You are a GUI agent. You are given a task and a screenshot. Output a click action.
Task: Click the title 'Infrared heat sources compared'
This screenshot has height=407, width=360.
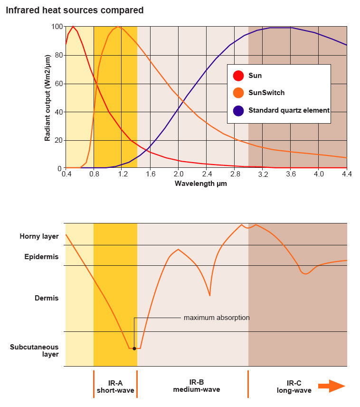click(75, 10)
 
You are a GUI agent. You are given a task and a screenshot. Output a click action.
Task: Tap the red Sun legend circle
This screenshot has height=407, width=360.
click(239, 76)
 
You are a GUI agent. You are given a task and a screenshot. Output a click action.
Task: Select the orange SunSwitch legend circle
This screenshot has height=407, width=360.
click(239, 93)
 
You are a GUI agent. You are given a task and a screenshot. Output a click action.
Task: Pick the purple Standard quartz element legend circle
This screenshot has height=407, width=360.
click(239, 110)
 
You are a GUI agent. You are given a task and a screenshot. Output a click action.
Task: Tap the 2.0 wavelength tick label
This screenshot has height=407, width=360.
click(178, 174)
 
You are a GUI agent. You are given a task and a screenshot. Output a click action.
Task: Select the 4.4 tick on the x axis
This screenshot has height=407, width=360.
click(347, 174)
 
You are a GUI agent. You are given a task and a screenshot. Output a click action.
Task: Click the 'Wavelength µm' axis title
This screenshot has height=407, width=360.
click(201, 184)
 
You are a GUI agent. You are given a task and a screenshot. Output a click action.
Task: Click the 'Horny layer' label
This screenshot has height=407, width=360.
click(39, 236)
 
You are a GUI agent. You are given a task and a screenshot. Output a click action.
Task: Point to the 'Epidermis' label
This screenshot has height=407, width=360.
click(41, 257)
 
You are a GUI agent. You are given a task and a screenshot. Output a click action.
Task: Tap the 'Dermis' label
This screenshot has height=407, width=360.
click(47, 298)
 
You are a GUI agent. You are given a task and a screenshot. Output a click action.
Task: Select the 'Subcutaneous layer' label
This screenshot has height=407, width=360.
click(34, 350)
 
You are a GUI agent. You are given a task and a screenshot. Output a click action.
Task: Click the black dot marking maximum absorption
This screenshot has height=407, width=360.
click(134, 349)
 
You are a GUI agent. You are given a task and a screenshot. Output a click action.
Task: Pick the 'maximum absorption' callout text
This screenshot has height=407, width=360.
click(217, 318)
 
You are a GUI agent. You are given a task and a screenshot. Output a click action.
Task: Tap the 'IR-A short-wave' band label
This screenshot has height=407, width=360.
click(115, 387)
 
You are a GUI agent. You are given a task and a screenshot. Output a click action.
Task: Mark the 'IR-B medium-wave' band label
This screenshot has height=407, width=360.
click(196, 386)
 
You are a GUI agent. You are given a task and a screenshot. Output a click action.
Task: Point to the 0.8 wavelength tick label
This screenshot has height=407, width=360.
click(94, 174)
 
